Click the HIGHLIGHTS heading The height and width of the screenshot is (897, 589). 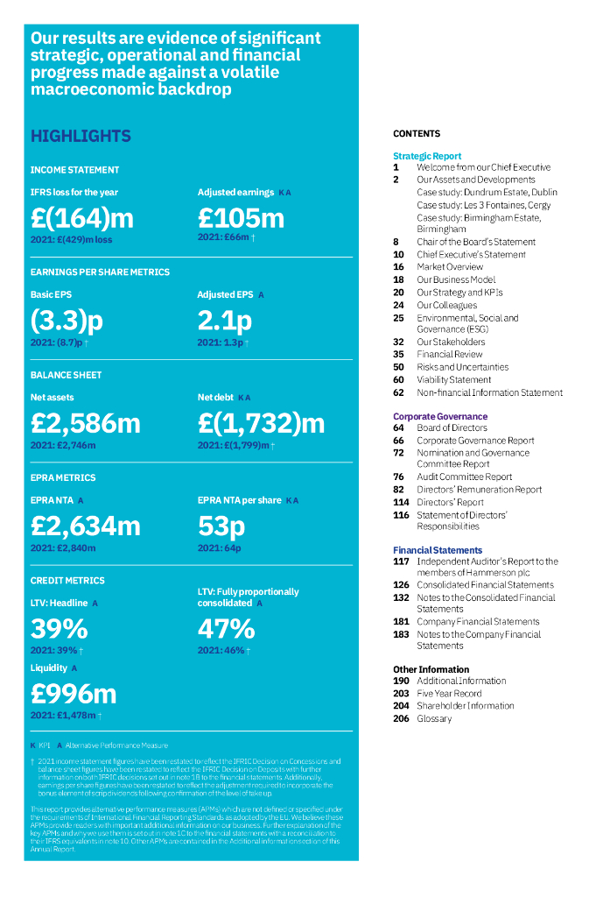(x=81, y=137)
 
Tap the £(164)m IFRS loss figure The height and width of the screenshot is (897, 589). (x=81, y=216)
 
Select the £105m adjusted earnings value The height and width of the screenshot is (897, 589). (x=241, y=216)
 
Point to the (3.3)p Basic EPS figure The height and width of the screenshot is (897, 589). (x=67, y=320)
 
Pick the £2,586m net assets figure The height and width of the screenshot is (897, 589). (x=85, y=423)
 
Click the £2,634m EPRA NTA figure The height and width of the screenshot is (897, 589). (x=85, y=526)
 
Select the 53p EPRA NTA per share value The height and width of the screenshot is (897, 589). (x=221, y=526)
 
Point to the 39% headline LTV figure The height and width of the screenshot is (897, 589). (x=59, y=629)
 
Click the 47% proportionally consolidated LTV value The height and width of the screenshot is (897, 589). (x=226, y=629)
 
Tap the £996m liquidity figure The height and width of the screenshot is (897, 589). (x=74, y=694)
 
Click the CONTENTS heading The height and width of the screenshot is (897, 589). (x=417, y=134)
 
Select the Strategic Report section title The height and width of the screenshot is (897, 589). (x=427, y=156)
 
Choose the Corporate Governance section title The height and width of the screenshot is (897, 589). (x=440, y=416)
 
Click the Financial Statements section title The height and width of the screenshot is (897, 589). (x=438, y=550)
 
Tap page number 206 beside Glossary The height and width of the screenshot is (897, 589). (x=401, y=718)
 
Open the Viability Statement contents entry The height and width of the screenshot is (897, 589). (x=453, y=380)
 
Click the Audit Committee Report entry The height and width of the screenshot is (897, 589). (x=464, y=477)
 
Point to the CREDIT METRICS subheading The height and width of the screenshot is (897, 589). (x=67, y=581)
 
